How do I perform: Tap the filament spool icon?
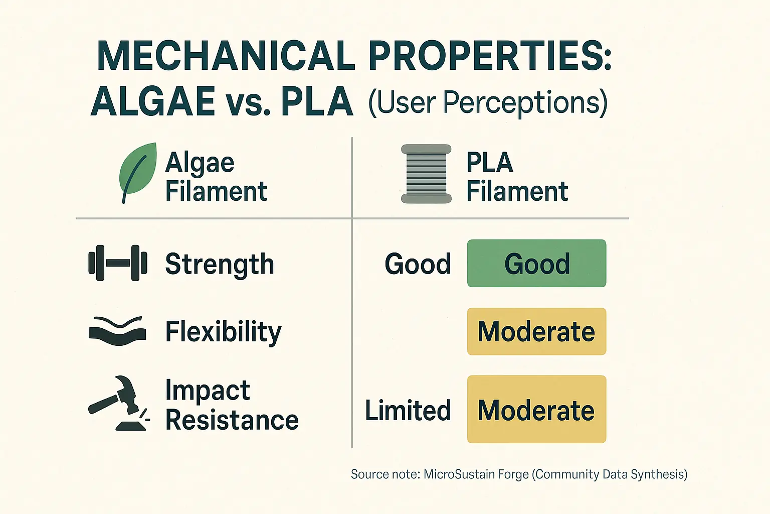click(426, 174)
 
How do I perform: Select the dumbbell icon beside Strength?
click(118, 263)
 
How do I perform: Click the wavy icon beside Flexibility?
click(117, 331)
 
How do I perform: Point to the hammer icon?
click(119, 403)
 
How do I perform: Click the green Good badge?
click(536, 264)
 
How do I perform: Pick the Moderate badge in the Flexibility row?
click(536, 332)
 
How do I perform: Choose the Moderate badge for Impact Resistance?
click(536, 410)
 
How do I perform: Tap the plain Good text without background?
click(418, 264)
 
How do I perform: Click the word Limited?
click(408, 411)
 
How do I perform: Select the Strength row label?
click(220, 265)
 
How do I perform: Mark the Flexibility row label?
click(223, 332)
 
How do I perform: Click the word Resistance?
click(232, 420)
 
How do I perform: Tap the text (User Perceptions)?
click(488, 103)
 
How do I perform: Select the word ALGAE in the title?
click(153, 101)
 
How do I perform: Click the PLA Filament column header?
click(517, 177)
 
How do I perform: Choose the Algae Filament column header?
click(216, 177)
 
